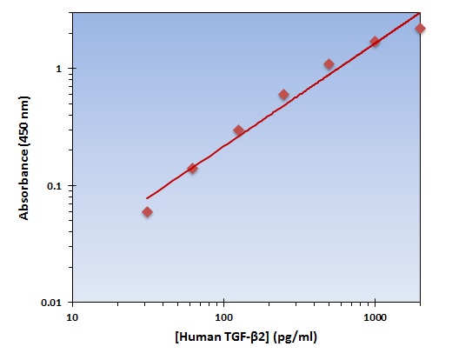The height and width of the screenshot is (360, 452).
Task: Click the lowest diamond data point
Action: pos(147,212)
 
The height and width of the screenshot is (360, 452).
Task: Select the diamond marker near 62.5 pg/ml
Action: pos(192,168)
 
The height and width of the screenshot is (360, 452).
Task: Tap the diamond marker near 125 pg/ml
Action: pos(238,130)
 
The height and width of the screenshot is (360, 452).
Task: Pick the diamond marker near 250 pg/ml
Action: pos(283,95)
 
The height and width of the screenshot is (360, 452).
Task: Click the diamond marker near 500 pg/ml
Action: pos(329,64)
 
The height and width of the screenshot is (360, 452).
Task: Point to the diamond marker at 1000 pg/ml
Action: pos(375,42)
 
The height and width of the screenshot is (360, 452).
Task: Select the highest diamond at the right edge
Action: pos(420,29)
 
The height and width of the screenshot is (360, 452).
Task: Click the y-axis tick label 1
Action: pos(59,69)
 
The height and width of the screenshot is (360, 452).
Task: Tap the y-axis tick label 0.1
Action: pos(55,186)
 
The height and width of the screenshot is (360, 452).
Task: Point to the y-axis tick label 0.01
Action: pos(51,303)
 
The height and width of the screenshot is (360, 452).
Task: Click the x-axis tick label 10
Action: pos(72,317)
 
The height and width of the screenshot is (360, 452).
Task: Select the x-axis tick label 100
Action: pos(224,317)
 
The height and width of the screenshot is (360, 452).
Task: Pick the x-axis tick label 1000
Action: pos(376,317)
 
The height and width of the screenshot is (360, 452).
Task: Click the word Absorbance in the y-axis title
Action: pos(24,184)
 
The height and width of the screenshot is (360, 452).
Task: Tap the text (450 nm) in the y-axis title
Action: pos(24,122)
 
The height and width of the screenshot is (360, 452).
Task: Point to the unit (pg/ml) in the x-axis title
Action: pos(295,337)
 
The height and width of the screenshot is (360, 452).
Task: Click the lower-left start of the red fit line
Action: pos(147,198)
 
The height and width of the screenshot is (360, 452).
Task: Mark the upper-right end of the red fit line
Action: pos(420,13)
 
